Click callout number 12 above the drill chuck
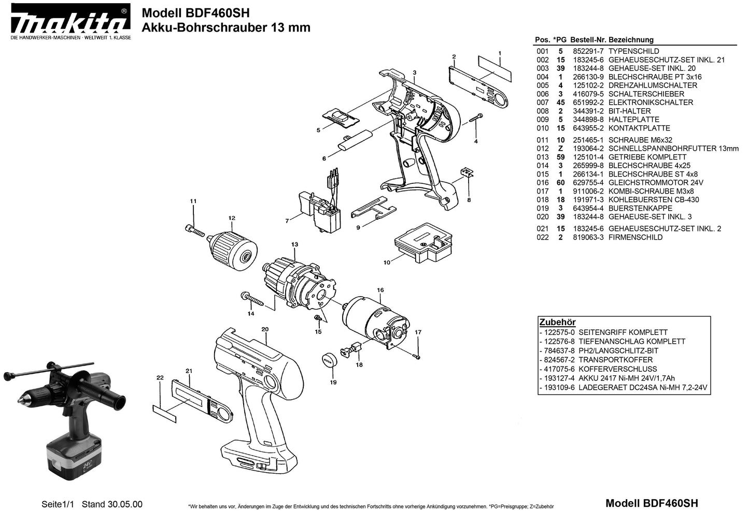click(x=232, y=218)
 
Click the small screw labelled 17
click(x=417, y=356)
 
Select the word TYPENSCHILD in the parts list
click(x=633, y=51)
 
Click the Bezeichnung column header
click(x=631, y=40)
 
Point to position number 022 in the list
click(x=542, y=238)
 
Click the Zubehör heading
click(x=557, y=322)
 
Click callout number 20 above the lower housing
click(x=264, y=329)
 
